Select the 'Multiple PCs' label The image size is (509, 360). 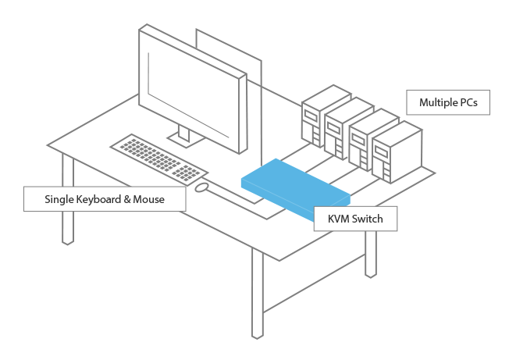pyautogui.click(x=447, y=102)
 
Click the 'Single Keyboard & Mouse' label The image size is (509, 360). pyautogui.click(x=105, y=199)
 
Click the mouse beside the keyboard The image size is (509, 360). pyautogui.click(x=201, y=187)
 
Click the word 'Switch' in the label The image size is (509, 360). pyautogui.click(x=367, y=219)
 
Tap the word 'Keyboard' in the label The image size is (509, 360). pyautogui.click(x=102, y=199)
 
